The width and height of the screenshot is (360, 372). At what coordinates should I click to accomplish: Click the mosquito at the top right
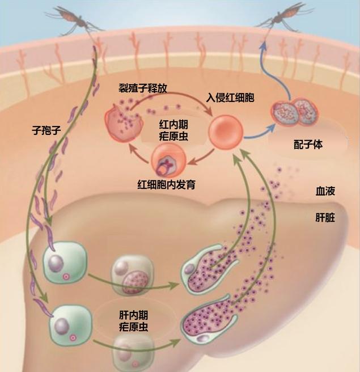tap(285, 18)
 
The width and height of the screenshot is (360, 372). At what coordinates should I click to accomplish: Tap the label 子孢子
tap(46, 130)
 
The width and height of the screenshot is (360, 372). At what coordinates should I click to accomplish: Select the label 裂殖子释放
tap(143, 88)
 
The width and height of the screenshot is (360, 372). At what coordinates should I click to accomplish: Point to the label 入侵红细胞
tap(230, 98)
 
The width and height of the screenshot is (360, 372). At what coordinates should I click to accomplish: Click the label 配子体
tap(308, 144)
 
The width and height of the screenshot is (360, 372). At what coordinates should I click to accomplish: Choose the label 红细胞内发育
tap(167, 184)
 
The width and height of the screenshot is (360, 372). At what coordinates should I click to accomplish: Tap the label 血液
tap(325, 191)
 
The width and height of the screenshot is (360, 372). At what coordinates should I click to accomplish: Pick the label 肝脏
tap(325, 217)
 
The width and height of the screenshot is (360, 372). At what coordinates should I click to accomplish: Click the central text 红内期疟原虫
tap(173, 130)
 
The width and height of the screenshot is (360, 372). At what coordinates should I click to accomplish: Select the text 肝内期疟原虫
tap(134, 321)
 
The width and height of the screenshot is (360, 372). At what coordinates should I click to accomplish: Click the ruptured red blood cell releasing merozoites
tap(124, 123)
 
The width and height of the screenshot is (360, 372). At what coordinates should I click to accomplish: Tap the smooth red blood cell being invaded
tap(226, 132)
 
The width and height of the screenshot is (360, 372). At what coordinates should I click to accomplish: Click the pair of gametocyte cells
tap(295, 112)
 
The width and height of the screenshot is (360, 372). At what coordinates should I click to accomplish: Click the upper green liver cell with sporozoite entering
tap(65, 262)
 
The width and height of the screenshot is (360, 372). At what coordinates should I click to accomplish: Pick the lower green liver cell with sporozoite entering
tap(70, 325)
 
